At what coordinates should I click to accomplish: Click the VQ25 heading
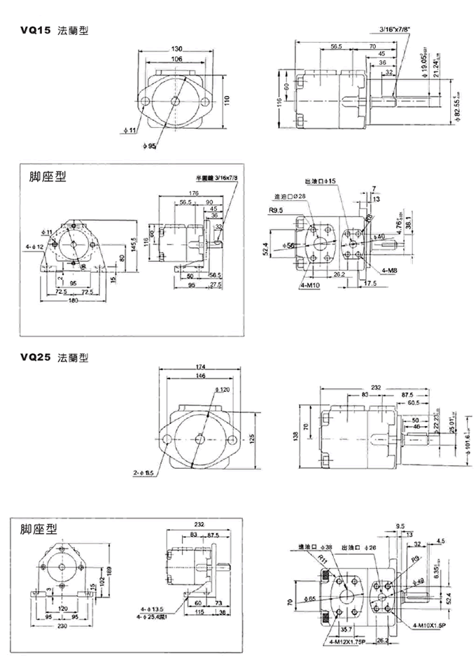tap(36, 357)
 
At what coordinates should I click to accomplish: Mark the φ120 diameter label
tap(223, 389)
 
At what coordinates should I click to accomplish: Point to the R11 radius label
tap(321, 560)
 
